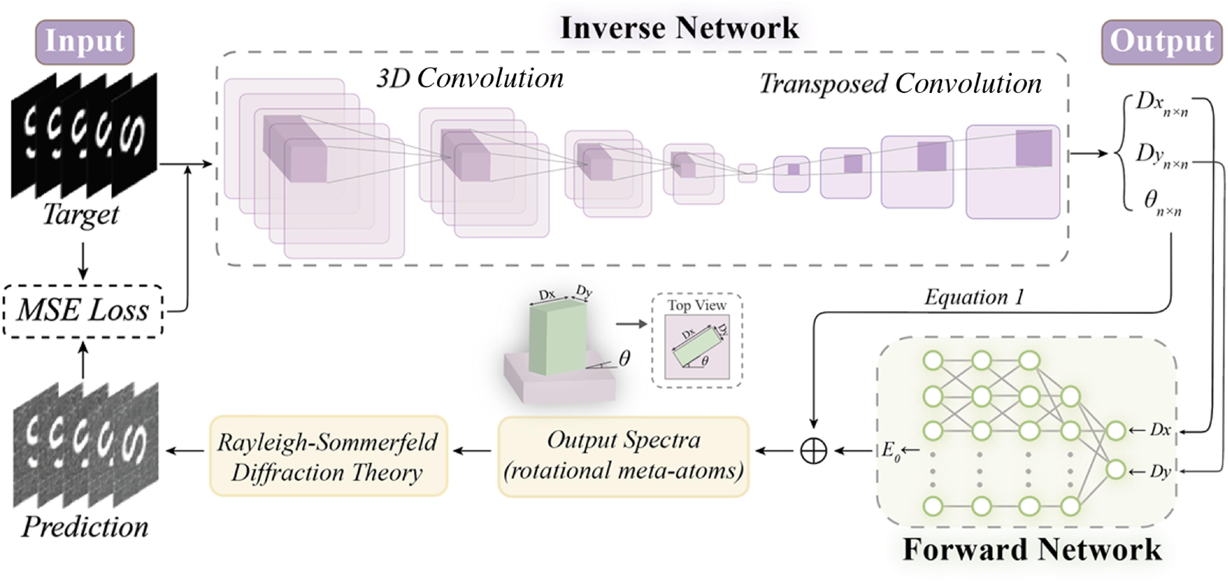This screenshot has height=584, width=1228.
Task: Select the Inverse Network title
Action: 679,28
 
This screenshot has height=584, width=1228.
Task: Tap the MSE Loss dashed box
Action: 83,311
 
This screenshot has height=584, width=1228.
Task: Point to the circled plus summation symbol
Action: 813,451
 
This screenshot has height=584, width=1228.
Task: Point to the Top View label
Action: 696,305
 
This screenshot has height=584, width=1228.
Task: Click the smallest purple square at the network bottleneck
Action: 747,173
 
